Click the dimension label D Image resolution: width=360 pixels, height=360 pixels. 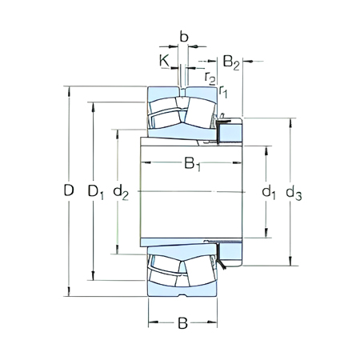pos(69,191)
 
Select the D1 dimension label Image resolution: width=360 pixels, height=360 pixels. pos(95,191)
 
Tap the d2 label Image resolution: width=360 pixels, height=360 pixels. pos(121,191)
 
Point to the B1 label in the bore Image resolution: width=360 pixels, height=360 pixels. pos(192,165)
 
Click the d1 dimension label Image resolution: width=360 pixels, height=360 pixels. pos(269,192)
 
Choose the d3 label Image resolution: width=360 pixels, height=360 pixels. pos(294,192)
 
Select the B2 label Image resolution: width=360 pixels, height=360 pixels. pos(231,61)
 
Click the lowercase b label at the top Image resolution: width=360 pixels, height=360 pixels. pos(184,37)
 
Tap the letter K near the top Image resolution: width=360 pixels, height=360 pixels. pos(164,60)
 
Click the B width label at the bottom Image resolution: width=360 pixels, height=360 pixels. pos(182,323)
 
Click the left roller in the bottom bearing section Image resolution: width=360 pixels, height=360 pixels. pos(165,269)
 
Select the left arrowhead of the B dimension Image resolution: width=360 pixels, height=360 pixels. pos(152,323)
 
